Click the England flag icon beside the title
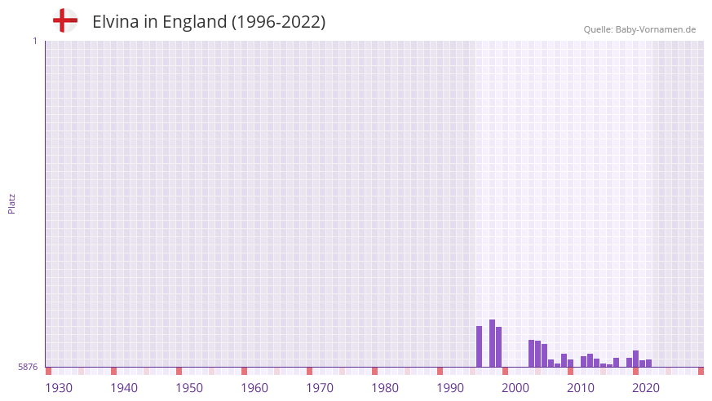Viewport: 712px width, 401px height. click(64, 20)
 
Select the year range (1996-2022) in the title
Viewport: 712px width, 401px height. click(278, 22)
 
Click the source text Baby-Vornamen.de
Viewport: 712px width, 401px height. click(655, 29)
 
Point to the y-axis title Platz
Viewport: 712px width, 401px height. click(11, 203)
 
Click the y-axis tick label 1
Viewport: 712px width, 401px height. click(34, 41)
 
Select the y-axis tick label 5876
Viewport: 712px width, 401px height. click(28, 367)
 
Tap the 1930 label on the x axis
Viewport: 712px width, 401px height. click(59, 388)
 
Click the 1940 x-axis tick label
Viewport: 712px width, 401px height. click(124, 388)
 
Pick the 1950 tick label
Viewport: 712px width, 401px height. click(189, 388)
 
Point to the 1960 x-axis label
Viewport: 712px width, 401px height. click(254, 388)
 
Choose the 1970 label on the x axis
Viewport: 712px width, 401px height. click(320, 388)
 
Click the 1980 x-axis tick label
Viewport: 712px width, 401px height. click(385, 388)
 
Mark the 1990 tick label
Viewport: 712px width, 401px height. click(450, 388)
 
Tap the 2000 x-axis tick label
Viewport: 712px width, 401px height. click(515, 388)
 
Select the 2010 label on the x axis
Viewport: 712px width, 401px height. click(581, 388)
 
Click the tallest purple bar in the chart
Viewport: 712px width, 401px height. click(492, 343)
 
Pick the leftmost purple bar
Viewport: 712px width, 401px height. click(479, 346)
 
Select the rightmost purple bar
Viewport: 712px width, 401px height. click(648, 363)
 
